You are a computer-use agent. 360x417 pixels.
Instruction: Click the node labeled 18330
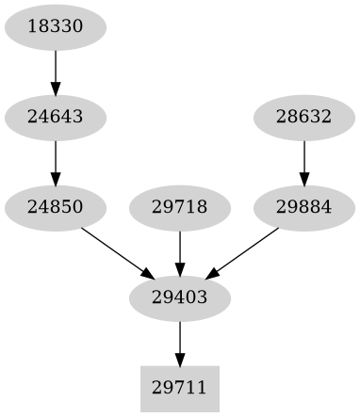pyautogui.click(x=56, y=28)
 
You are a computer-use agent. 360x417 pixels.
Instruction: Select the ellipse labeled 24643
pyautogui.click(x=56, y=118)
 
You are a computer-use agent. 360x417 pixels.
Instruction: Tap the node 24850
pyautogui.click(x=56, y=207)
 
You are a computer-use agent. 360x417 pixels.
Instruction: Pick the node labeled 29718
pyautogui.click(x=179, y=207)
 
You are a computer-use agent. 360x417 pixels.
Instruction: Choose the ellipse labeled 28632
pyautogui.click(x=303, y=118)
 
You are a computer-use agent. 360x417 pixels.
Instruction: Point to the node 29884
pyautogui.click(x=303, y=207)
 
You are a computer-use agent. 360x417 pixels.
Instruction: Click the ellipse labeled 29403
pyautogui.click(x=179, y=297)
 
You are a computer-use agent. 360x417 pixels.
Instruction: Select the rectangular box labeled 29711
pyautogui.click(x=179, y=387)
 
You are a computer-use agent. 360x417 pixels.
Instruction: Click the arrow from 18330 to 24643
pyautogui.click(x=56, y=72)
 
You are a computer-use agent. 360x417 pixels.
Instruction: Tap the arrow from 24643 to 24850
pyautogui.click(x=56, y=162)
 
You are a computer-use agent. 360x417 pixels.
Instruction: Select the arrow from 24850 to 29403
pyautogui.click(x=118, y=252)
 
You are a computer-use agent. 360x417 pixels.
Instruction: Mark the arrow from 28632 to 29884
pyautogui.click(x=303, y=162)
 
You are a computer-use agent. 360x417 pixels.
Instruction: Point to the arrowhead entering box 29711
pyautogui.click(x=179, y=359)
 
